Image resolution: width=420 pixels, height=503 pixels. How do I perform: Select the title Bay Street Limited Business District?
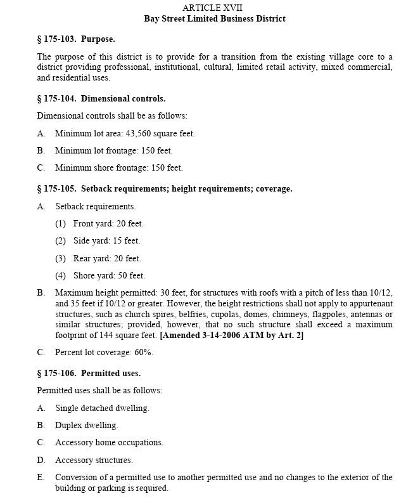(x=214, y=18)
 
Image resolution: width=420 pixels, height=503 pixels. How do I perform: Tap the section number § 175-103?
(x=57, y=39)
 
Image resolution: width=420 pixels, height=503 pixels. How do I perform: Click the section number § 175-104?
(x=57, y=98)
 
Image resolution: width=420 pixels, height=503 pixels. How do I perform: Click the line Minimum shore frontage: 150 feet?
(x=118, y=168)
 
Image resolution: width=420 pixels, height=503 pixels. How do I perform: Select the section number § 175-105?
(x=57, y=189)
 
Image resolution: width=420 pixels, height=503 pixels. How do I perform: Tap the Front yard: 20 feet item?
(x=108, y=223)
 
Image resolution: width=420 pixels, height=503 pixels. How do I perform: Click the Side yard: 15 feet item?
(x=106, y=241)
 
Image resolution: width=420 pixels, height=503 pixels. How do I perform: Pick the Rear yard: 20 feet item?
(x=106, y=258)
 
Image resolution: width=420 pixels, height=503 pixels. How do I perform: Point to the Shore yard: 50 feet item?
(x=109, y=275)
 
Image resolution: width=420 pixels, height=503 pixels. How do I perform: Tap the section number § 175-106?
(x=57, y=374)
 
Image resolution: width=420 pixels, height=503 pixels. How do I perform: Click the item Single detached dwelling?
(x=102, y=408)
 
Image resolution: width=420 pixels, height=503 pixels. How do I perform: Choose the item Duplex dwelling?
(x=86, y=426)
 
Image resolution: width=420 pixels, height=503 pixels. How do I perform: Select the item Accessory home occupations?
(x=109, y=443)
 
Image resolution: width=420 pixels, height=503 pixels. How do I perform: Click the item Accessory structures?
(x=94, y=461)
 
